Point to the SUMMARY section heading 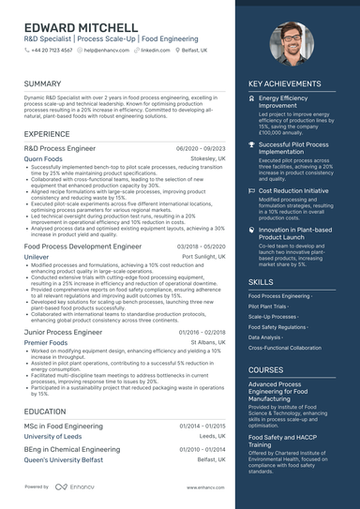click(43, 83)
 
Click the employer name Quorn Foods click(43, 159)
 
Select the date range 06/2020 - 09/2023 click(201, 149)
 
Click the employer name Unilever click(37, 256)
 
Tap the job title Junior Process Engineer click(63, 332)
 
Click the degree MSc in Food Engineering click(64, 426)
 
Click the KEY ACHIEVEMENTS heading click(284, 83)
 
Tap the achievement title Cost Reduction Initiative click(293, 190)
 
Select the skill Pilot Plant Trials click(268, 307)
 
